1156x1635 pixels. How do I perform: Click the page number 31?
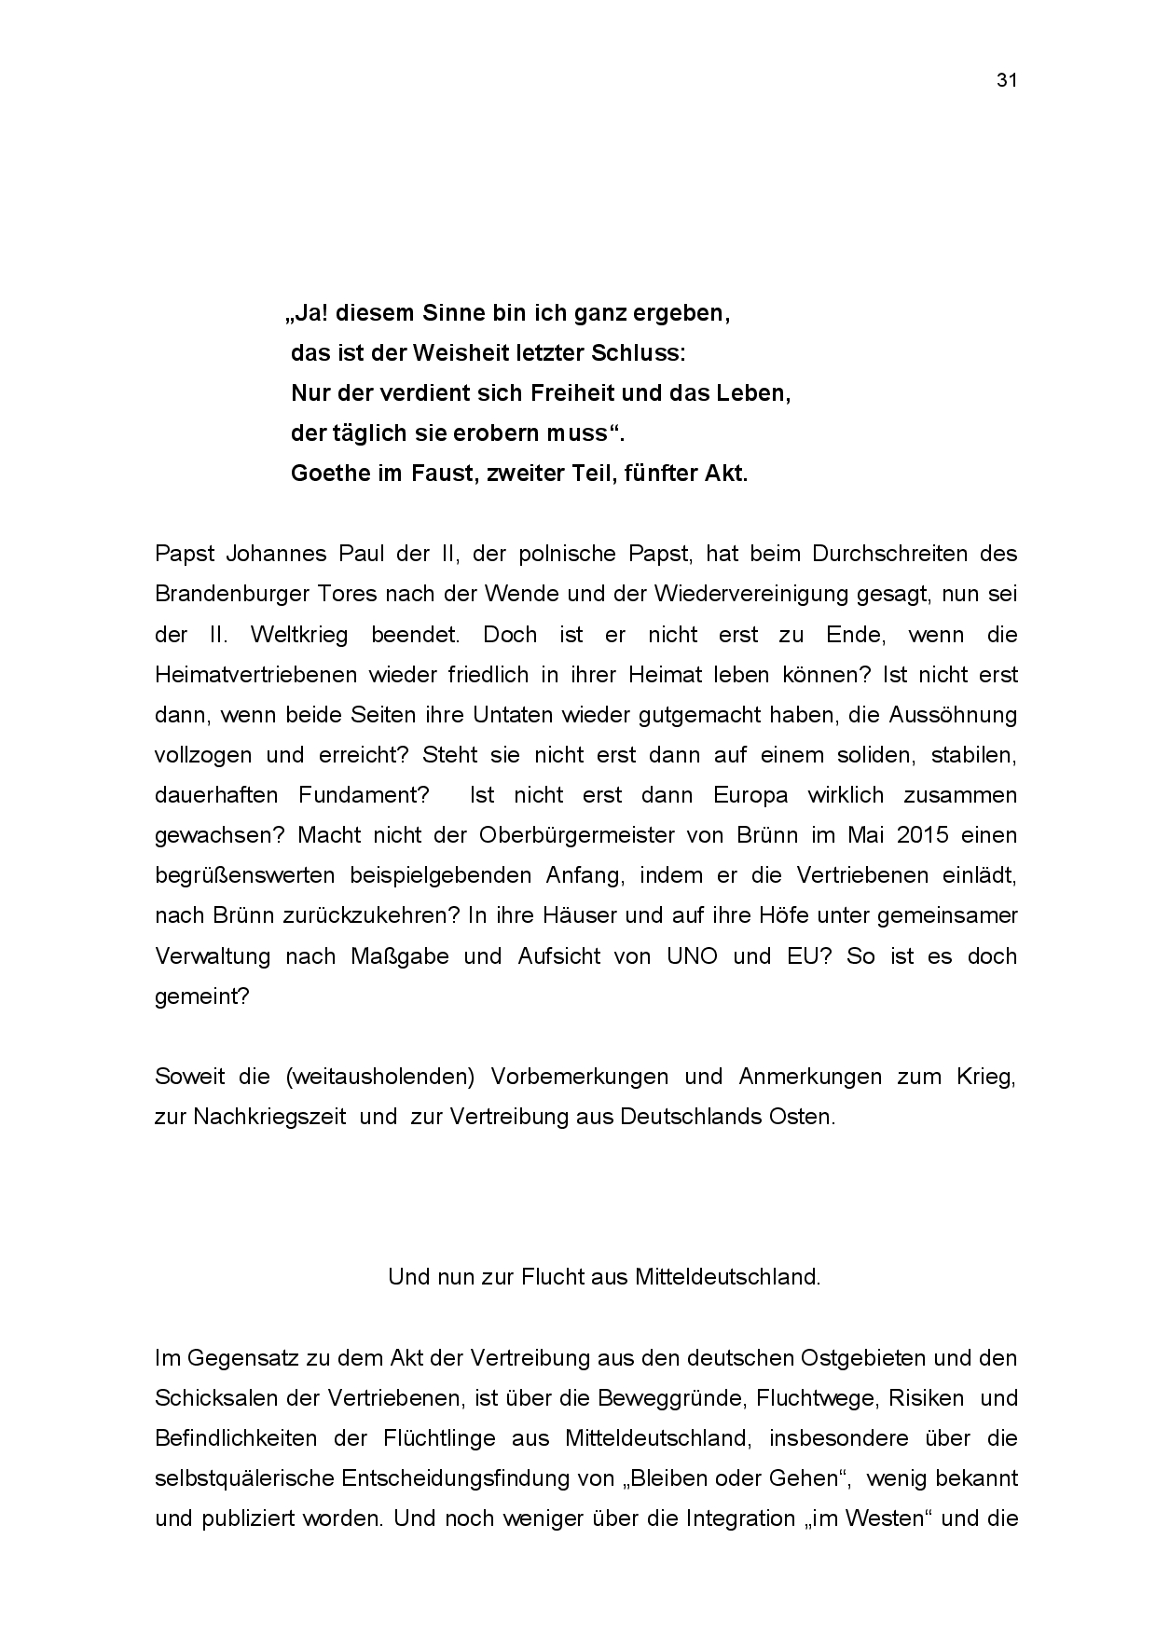[x=1006, y=80]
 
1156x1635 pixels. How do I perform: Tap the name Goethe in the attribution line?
[x=329, y=474]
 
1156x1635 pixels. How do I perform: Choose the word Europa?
[x=750, y=795]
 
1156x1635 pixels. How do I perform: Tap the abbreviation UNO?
[x=692, y=956]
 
